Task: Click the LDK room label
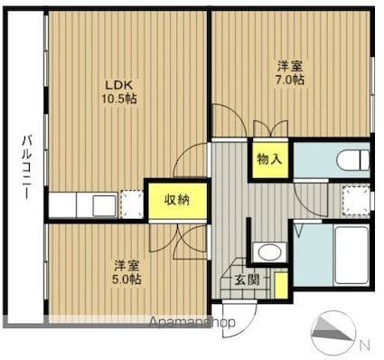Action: tap(118, 85)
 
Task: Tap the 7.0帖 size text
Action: tap(290, 80)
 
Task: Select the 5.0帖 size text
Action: tap(126, 279)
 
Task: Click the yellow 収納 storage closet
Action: tap(177, 200)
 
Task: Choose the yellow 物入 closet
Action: tap(270, 159)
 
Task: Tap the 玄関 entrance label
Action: tap(247, 280)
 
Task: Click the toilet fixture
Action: tap(353, 159)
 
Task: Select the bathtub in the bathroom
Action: tap(351, 256)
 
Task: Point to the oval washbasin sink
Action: tap(269, 251)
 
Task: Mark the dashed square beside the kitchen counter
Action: tap(132, 204)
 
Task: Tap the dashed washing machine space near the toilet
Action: tap(356, 200)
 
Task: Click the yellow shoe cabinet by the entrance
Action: tap(281, 285)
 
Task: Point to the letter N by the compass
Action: tap(365, 346)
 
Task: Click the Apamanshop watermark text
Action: tap(192, 323)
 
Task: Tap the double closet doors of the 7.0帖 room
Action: tap(271, 129)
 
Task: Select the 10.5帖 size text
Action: tap(118, 99)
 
